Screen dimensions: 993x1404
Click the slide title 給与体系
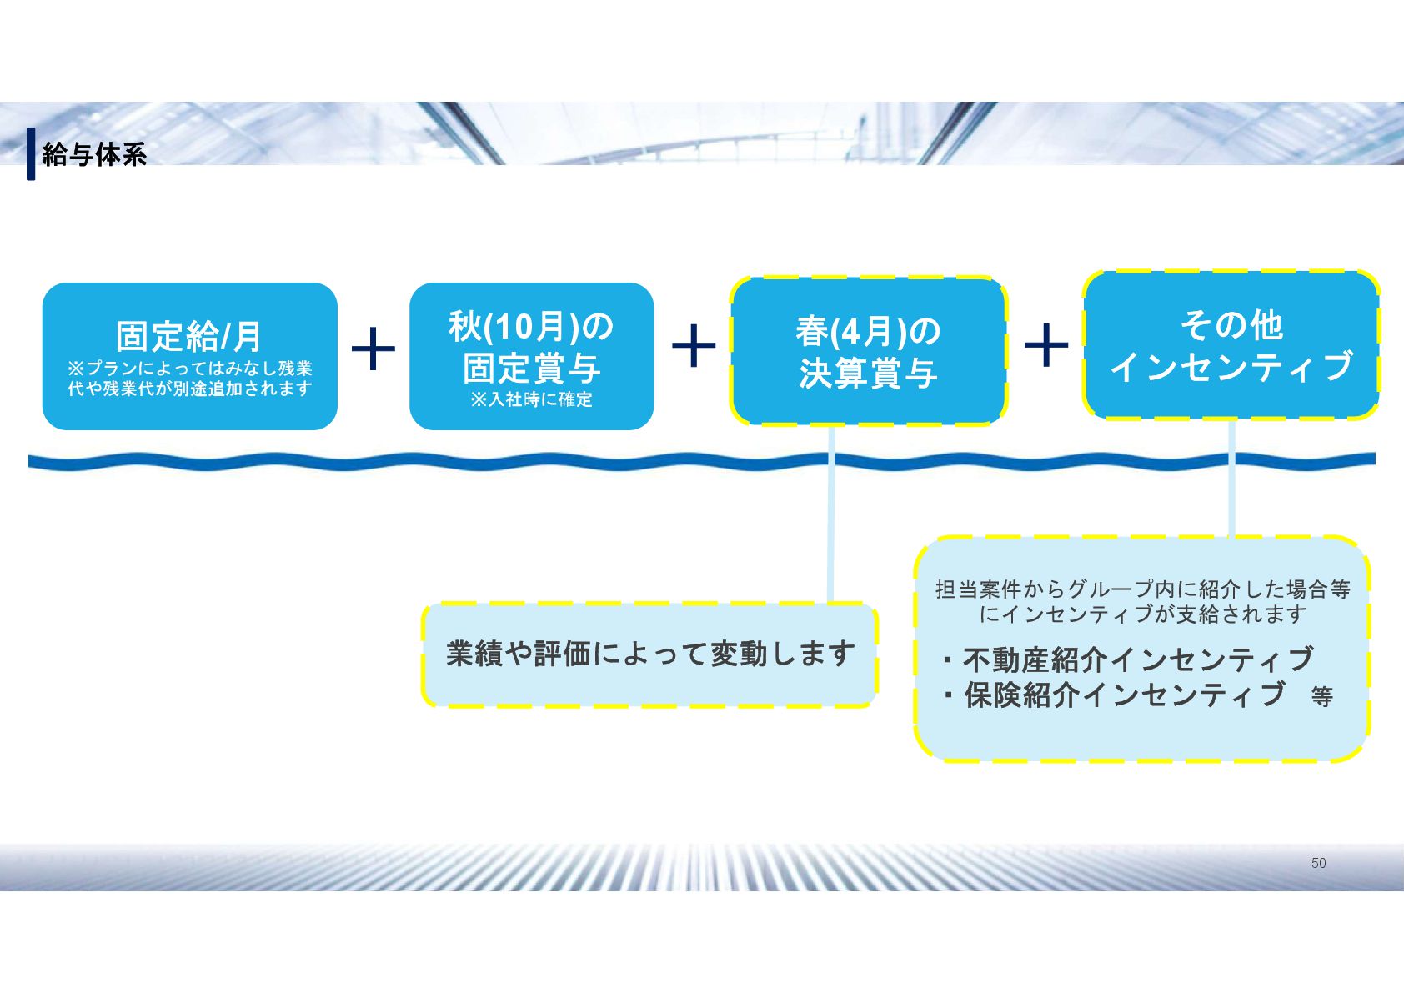(x=94, y=154)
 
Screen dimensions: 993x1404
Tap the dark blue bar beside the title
(x=31, y=153)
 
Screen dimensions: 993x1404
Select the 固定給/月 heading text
(x=189, y=336)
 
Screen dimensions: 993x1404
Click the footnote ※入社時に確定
(x=531, y=399)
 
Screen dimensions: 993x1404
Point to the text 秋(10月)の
(x=531, y=326)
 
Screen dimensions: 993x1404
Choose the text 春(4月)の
(x=868, y=332)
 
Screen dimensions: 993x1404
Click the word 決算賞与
(x=868, y=374)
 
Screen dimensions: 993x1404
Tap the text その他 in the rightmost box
(x=1231, y=325)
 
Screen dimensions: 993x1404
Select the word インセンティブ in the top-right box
(x=1231, y=367)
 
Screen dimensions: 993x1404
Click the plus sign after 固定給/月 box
(x=374, y=349)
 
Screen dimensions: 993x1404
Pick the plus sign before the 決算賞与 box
(x=694, y=345)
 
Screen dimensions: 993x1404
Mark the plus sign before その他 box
(x=1045, y=345)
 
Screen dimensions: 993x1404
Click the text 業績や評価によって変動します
(x=650, y=654)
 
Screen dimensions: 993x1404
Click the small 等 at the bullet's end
(x=1321, y=696)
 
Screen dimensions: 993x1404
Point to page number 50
(x=1318, y=863)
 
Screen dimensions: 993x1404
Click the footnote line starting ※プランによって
(x=189, y=368)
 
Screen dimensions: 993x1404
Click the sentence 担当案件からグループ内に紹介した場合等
(x=1142, y=589)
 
